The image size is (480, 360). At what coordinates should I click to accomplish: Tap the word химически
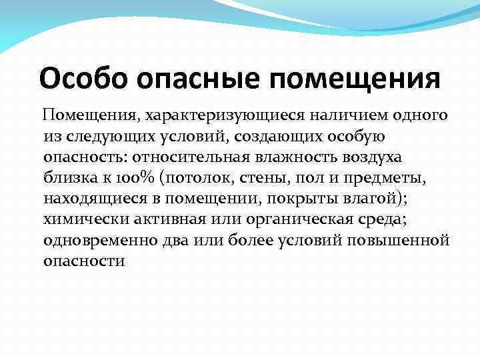click(84, 219)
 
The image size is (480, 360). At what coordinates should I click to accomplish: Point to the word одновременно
click(99, 240)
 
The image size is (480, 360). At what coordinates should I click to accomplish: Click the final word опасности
click(85, 261)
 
